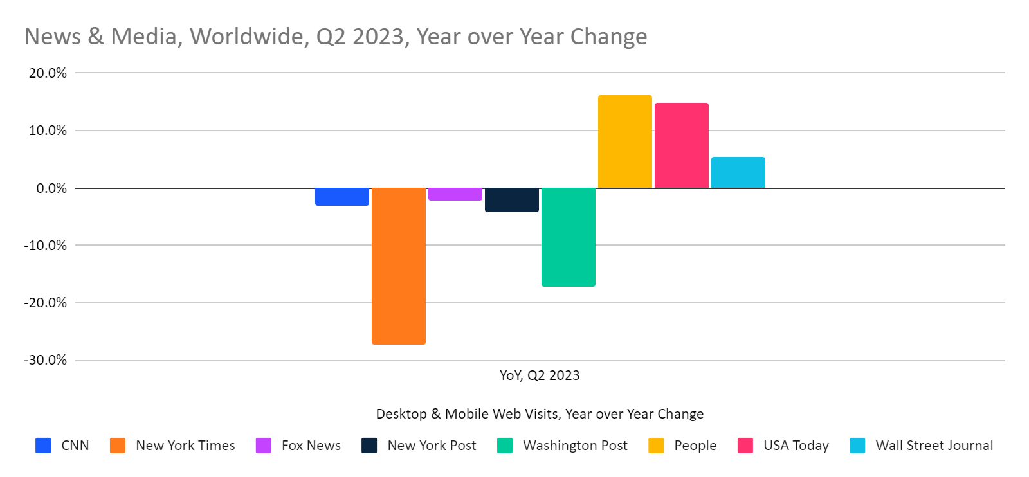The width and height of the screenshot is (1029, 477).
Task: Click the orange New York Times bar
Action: click(398, 265)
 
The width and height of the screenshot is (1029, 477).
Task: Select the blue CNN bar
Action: click(341, 197)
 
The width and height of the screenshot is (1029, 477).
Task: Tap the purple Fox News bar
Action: click(455, 194)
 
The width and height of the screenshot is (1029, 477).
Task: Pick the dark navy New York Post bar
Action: click(511, 200)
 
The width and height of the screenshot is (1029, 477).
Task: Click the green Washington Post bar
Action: click(568, 237)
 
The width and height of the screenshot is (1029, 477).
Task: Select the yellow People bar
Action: click(624, 141)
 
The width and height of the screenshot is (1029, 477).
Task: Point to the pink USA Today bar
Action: click(681, 145)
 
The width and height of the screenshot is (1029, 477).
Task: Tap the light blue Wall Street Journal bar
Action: click(738, 172)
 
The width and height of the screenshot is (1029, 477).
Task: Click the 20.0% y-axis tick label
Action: click(48, 73)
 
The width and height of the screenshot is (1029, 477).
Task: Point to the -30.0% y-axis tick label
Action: click(46, 360)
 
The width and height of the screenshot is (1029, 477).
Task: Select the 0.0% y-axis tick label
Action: click(51, 188)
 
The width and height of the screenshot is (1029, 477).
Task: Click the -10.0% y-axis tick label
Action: click(46, 246)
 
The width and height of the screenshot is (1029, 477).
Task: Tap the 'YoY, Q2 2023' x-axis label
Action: click(540, 375)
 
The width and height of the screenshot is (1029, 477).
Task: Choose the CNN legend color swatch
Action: click(43, 446)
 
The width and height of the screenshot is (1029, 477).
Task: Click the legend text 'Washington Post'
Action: click(575, 446)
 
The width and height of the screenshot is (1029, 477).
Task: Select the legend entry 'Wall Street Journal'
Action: click(934, 446)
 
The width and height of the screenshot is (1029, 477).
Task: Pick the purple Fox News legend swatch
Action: click(264, 446)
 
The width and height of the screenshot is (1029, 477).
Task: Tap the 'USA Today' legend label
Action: click(796, 446)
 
